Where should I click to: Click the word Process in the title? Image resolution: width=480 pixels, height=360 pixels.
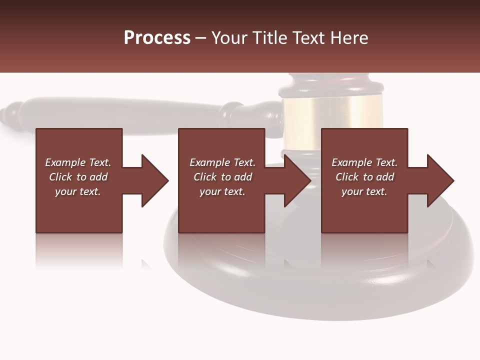pos(157,38)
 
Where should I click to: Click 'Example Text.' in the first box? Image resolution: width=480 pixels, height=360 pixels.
pos(78,162)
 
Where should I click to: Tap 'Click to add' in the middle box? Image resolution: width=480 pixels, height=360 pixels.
pos(222,177)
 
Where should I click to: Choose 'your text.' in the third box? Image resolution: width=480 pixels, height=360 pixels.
pos(364,191)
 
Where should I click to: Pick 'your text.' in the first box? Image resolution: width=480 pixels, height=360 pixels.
pos(78,191)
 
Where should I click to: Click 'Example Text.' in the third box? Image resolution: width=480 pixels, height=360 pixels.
pos(364,162)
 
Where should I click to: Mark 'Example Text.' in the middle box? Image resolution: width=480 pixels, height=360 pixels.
pos(222,162)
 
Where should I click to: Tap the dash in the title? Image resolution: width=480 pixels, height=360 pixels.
pos(201,38)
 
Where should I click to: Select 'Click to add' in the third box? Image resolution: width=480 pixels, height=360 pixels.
pos(364,177)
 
